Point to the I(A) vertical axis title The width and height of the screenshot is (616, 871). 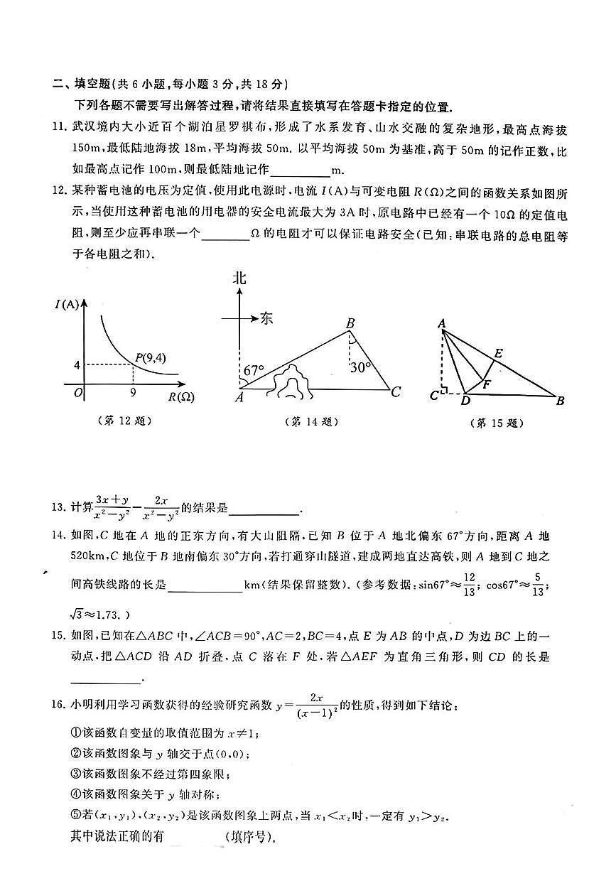[x=67, y=305]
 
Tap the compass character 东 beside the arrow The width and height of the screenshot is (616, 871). [x=266, y=318]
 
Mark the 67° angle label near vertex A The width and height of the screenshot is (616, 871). [x=254, y=371]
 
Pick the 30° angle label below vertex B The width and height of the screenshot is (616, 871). [x=362, y=367]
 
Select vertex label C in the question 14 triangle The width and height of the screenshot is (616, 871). [x=396, y=391]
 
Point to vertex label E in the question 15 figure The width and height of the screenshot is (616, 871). [x=498, y=353]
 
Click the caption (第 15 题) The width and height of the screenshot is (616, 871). [x=497, y=423]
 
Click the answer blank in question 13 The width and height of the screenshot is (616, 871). [x=265, y=507]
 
